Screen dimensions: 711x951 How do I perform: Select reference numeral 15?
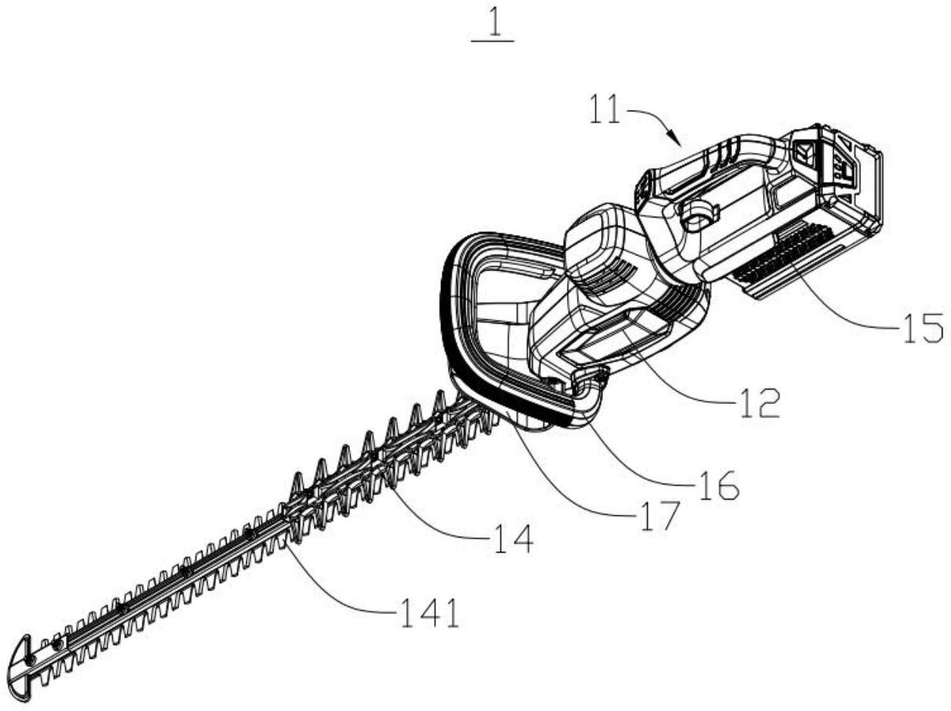click(922, 328)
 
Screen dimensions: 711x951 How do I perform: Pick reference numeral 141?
click(428, 614)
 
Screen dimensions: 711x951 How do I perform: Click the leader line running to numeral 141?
click(341, 584)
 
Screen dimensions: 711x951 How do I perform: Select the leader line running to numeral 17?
click(568, 485)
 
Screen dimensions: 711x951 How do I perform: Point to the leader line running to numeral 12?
click(682, 379)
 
